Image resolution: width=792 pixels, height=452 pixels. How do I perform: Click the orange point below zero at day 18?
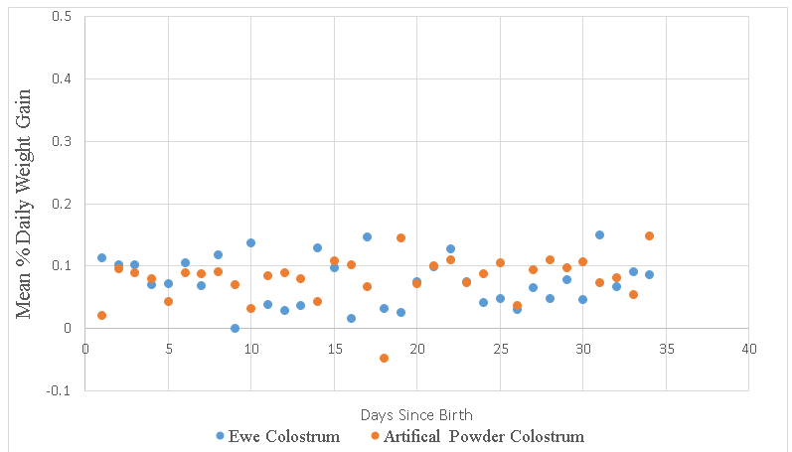coord(384,358)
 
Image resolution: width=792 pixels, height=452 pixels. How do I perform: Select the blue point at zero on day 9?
coord(235,328)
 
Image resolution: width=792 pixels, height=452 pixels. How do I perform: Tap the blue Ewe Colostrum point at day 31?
coord(599,234)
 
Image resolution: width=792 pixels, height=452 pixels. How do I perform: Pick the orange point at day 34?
coord(649,235)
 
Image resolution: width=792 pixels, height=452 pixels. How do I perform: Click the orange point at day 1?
coord(101,315)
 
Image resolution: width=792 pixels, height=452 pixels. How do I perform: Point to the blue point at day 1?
coord(101,257)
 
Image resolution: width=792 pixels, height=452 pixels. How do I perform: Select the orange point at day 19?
coord(400,237)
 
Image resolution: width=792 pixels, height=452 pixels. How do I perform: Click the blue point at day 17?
coord(367,236)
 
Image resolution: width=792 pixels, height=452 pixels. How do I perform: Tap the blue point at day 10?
coord(250,242)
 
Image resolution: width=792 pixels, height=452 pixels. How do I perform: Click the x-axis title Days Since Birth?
coord(416,413)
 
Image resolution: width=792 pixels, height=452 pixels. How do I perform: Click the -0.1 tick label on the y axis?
coord(59,390)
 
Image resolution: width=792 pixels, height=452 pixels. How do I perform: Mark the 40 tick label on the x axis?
coord(748,349)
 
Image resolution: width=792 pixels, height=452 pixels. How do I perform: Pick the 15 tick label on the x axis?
coord(333,349)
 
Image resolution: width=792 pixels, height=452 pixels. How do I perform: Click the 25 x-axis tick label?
coord(499,349)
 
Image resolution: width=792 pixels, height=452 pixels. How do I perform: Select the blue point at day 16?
coord(351,318)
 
